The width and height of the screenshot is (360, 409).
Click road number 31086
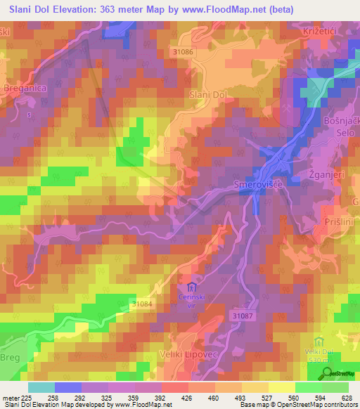click(x=184, y=53)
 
